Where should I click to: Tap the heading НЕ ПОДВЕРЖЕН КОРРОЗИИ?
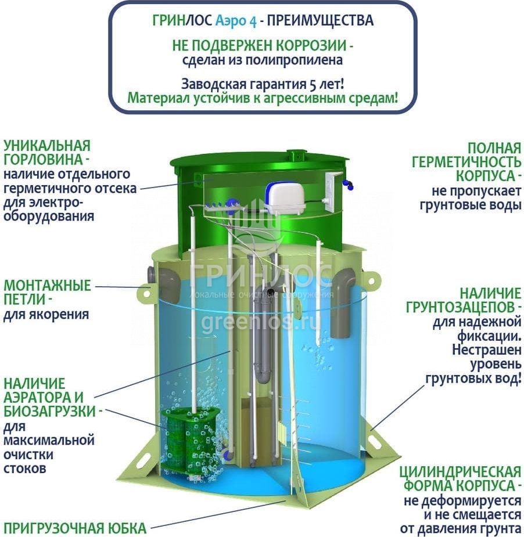point(262,45)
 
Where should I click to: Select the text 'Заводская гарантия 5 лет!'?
point(262,82)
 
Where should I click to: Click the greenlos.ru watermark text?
point(261,321)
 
